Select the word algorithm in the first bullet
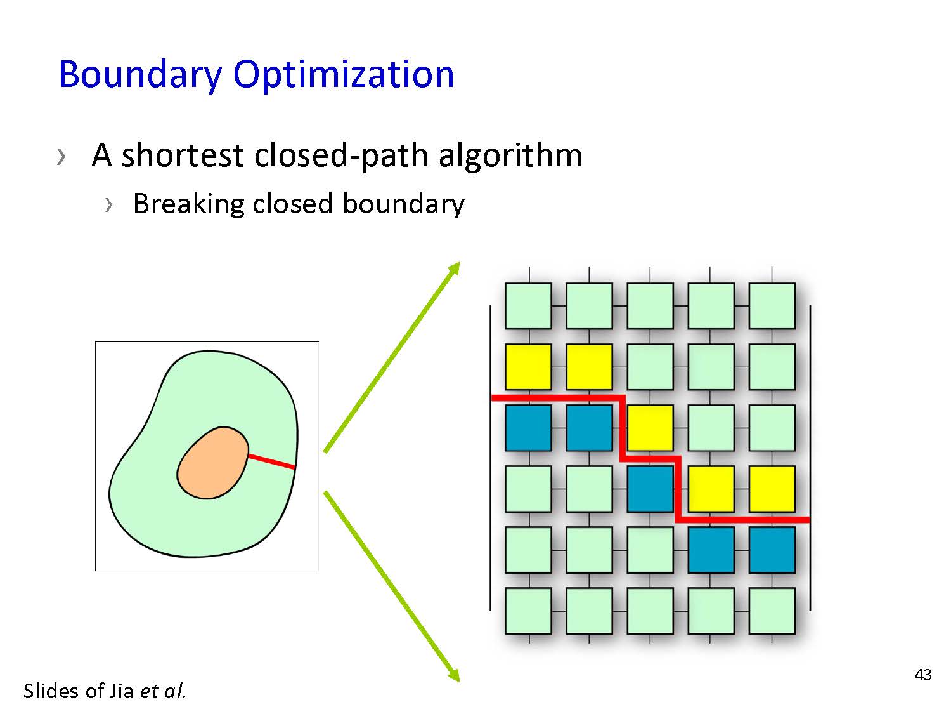[x=510, y=156]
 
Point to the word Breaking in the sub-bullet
[x=188, y=204]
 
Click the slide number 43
[x=922, y=675]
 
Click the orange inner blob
[x=213, y=463]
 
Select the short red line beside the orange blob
[x=271, y=461]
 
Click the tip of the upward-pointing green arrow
[x=459, y=262]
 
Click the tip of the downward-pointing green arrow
[x=459, y=682]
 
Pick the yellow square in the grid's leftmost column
[x=528, y=367]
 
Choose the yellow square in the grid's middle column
[x=650, y=428]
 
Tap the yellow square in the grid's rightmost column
[x=772, y=489]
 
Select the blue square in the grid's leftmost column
[x=528, y=428]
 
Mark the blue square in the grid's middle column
[x=650, y=489]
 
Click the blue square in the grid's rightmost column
[x=772, y=550]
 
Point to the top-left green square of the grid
[x=528, y=306]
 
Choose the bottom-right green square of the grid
[x=772, y=611]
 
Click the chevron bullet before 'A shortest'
[x=61, y=157]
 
